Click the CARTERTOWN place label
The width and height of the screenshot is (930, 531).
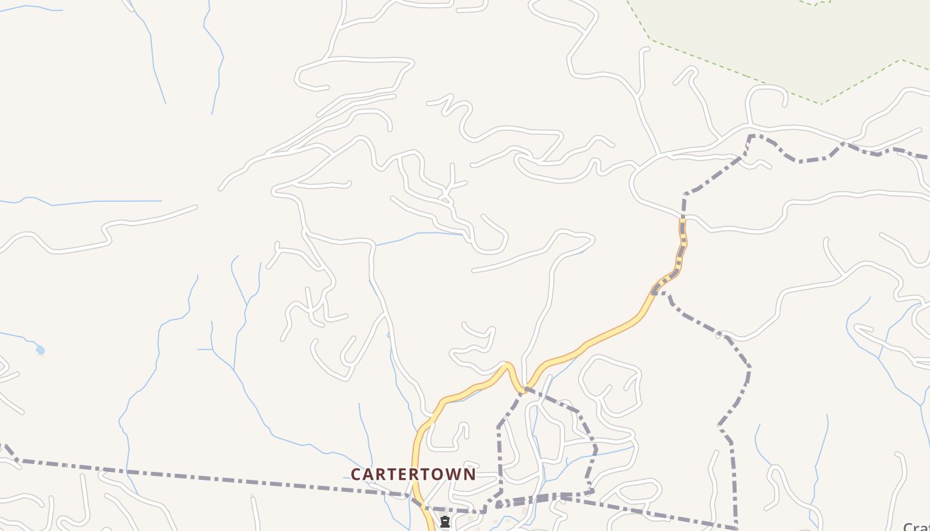(x=413, y=475)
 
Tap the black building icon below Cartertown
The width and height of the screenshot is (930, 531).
(x=445, y=522)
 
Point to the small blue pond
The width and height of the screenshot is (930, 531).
(x=41, y=349)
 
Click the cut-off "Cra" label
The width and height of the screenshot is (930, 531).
(x=917, y=526)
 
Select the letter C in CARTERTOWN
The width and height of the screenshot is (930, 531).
(x=356, y=475)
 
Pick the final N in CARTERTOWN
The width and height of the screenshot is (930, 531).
(x=470, y=475)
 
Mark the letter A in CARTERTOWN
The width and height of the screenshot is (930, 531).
(x=369, y=475)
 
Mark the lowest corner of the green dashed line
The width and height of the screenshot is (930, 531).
(x=821, y=104)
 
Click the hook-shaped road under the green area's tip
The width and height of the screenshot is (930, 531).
(x=764, y=93)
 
